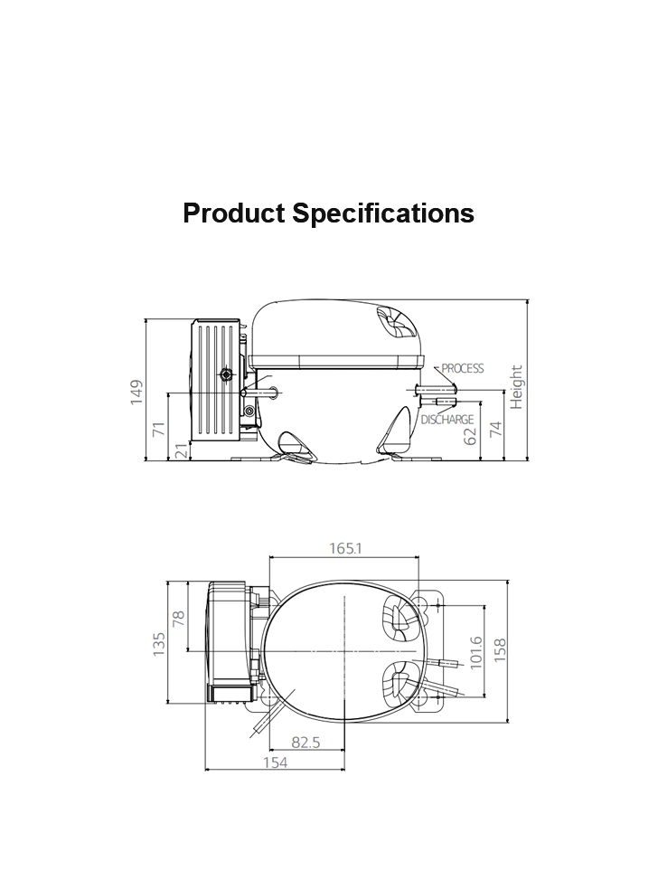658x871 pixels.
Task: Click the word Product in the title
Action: (x=234, y=213)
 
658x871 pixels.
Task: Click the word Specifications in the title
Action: (x=383, y=214)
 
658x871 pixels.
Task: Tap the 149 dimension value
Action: (x=136, y=393)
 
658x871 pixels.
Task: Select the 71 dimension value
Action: (x=159, y=429)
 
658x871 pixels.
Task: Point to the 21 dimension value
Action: (x=182, y=450)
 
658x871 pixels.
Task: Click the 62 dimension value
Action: (x=470, y=436)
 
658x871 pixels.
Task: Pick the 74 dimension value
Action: (x=495, y=429)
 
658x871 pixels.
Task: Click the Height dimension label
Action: (x=516, y=387)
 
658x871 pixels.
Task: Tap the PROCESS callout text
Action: (x=463, y=368)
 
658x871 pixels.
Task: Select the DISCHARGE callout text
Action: (x=447, y=420)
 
